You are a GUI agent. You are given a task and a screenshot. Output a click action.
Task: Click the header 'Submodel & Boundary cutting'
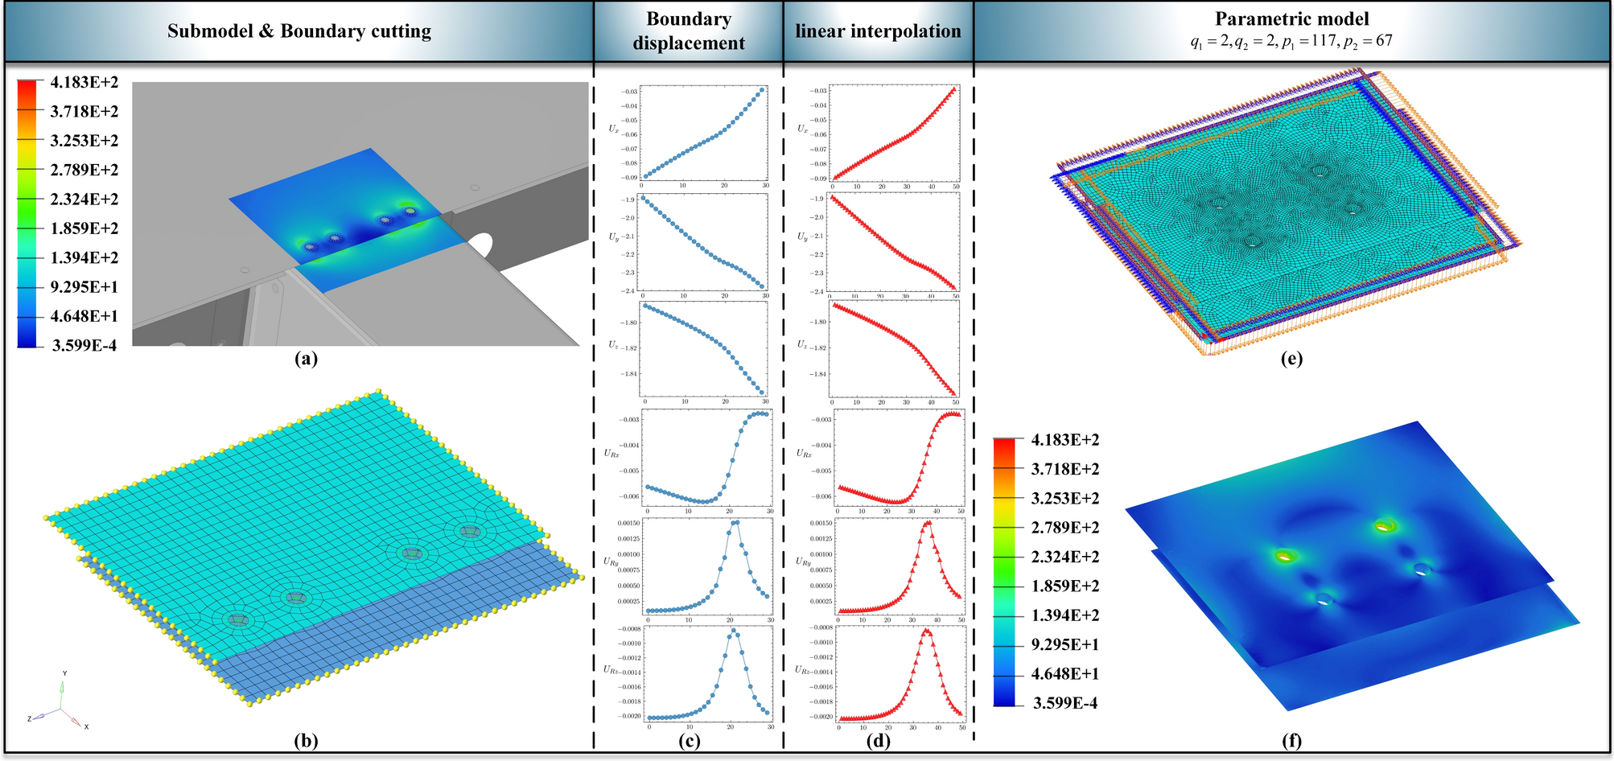pyautogui.click(x=299, y=31)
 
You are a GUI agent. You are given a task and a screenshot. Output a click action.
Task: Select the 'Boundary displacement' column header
pyautogui.click(x=689, y=31)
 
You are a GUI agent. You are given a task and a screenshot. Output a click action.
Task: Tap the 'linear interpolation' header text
pyautogui.click(x=878, y=31)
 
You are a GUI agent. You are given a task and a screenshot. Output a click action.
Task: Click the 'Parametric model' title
pyautogui.click(x=1291, y=19)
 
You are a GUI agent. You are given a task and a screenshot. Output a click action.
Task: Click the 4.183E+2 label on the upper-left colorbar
pyautogui.click(x=84, y=82)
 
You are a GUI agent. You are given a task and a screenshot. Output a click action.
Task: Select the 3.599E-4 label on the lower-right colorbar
pyautogui.click(x=1064, y=703)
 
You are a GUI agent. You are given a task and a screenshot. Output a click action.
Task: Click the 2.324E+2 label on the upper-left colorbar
pyautogui.click(x=84, y=199)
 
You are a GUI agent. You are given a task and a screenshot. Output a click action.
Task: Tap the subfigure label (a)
pyautogui.click(x=307, y=359)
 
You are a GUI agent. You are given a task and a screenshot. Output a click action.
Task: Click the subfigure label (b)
pyautogui.click(x=307, y=741)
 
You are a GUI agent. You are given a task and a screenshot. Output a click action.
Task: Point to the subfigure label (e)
pyautogui.click(x=1291, y=359)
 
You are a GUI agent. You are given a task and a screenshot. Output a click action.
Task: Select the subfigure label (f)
pyautogui.click(x=1291, y=741)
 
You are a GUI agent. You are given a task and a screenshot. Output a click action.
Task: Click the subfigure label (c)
pyautogui.click(x=689, y=741)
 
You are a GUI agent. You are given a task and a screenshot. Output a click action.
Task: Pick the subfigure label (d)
pyautogui.click(x=878, y=741)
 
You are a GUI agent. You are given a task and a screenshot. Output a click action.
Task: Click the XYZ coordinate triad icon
pyautogui.click(x=61, y=708)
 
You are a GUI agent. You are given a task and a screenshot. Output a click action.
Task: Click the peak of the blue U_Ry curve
pyautogui.click(x=735, y=522)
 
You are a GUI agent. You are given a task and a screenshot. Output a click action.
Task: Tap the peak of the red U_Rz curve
pyautogui.click(x=926, y=630)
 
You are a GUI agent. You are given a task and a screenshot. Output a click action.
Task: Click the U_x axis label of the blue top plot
pyautogui.click(x=614, y=128)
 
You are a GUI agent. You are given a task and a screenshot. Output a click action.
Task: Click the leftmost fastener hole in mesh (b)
pyautogui.click(x=237, y=619)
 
